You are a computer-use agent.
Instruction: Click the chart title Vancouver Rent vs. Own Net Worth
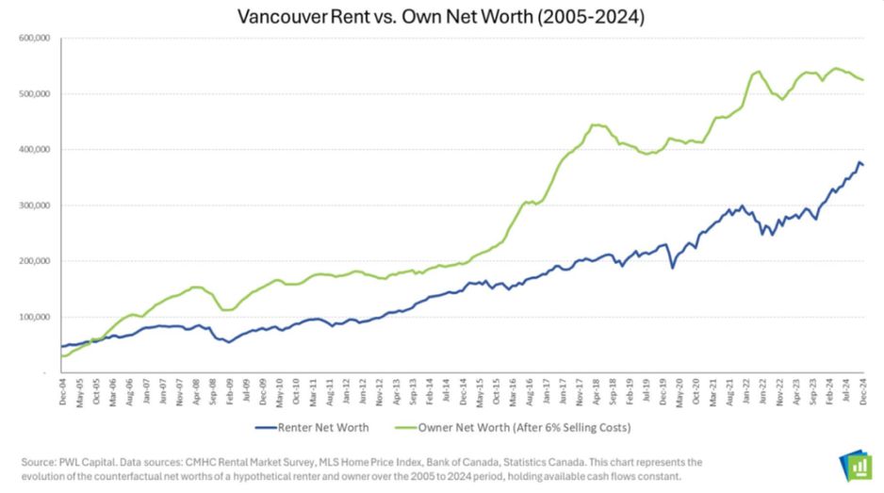pyautogui.click(x=441, y=16)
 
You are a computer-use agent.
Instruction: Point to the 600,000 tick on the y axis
pyautogui.click(x=34, y=39)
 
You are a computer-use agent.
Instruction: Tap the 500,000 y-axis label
pyautogui.click(x=34, y=94)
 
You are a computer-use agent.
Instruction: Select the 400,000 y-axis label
pyautogui.click(x=34, y=150)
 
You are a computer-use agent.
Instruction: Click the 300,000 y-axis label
pyautogui.click(x=34, y=205)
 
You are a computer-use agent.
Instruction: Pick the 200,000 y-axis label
pyautogui.click(x=34, y=261)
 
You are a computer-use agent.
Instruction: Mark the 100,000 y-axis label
pyautogui.click(x=34, y=317)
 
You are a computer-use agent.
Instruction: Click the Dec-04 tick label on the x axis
pyautogui.click(x=61, y=394)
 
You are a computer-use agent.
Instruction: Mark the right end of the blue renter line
pyautogui.click(x=864, y=166)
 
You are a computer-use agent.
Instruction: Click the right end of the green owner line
pyautogui.click(x=864, y=80)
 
